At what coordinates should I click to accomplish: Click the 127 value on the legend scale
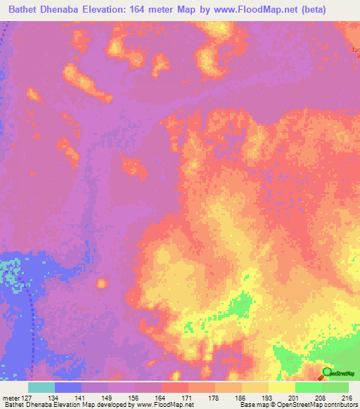[x=28, y=398]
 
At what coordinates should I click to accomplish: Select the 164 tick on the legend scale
[x=161, y=398]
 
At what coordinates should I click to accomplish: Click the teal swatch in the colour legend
[x=41, y=387]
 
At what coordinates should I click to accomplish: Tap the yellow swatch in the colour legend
[x=281, y=387]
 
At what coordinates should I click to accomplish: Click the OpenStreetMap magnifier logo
[x=326, y=372]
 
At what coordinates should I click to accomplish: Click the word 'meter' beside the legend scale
[x=11, y=398]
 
